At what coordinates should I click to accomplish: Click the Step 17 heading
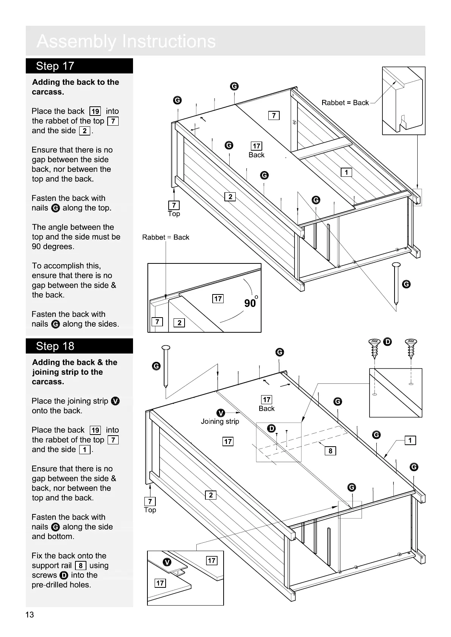tap(55, 66)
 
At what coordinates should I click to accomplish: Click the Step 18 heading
tap(55, 346)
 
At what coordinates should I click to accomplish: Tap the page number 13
tap(30, 615)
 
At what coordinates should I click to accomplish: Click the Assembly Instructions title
tap(126, 41)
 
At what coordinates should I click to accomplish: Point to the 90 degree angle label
tap(251, 303)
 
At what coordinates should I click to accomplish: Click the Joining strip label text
tap(220, 421)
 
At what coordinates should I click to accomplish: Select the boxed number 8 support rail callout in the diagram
tap(330, 451)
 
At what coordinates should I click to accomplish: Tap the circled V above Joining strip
tap(221, 413)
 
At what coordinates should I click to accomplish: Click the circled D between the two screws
tap(387, 342)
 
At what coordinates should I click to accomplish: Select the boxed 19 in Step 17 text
tap(95, 111)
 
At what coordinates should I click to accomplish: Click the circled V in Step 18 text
tap(116, 401)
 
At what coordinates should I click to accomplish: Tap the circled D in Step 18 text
tap(64, 575)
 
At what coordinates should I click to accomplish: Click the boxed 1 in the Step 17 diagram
tap(346, 173)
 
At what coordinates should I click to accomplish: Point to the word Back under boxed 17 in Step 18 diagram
tap(266, 408)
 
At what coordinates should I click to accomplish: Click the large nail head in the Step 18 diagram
tap(166, 347)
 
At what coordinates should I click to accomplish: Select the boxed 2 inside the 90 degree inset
tap(179, 322)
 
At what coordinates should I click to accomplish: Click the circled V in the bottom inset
tap(167, 562)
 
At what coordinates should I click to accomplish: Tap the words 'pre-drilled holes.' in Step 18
tap(61, 585)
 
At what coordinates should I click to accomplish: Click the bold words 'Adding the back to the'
tap(75, 82)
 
